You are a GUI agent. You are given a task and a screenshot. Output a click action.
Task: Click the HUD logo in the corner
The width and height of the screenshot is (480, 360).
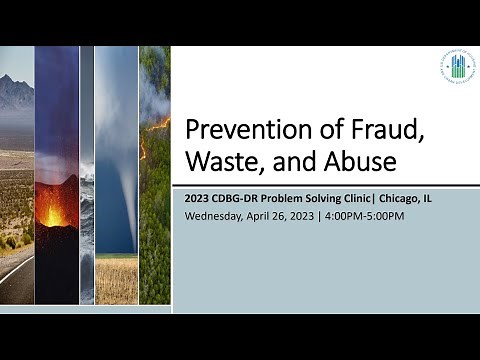(x=457, y=71)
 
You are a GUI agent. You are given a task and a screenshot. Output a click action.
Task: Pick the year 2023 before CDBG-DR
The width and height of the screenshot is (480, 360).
(x=197, y=198)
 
